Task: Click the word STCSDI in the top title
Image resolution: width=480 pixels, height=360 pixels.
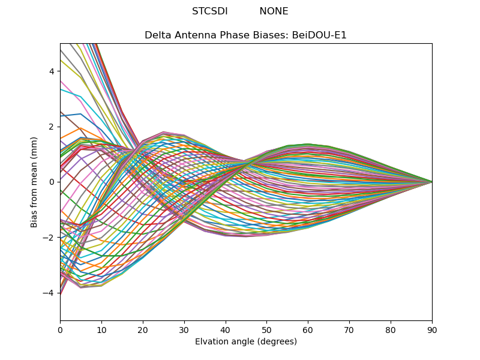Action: pos(209,11)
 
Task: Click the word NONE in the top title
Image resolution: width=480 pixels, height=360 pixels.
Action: pos(274,11)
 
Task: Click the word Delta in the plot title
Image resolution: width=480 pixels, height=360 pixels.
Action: pos(157,35)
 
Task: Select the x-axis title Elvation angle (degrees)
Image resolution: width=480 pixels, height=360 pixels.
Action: pos(246,342)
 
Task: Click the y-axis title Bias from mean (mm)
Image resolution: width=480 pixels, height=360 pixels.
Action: pos(35,182)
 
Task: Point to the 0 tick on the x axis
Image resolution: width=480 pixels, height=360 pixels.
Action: pos(60,329)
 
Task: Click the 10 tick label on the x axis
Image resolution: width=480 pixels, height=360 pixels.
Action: pos(101,329)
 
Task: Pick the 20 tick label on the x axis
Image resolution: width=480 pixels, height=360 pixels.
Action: pos(143,329)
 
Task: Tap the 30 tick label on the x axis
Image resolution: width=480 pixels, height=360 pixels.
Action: pos(184,329)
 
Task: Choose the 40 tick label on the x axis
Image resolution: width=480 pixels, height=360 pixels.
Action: pos(226,329)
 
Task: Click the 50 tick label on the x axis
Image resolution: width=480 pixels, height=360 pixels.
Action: pos(266,329)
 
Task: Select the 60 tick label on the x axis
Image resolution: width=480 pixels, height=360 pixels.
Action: pos(308,329)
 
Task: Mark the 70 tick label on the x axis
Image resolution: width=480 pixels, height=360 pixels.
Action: pos(349,329)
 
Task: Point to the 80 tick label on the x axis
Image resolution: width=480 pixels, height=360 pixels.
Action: pos(391,329)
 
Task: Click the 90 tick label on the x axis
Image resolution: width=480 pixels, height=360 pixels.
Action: pos(432,329)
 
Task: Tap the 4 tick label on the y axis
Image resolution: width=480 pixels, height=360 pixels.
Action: pos(52,71)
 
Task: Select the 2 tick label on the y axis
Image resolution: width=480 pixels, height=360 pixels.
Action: pos(52,127)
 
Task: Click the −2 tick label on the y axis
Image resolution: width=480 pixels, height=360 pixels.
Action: pos(49,237)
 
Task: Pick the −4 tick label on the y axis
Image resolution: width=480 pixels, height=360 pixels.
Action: pos(49,293)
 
